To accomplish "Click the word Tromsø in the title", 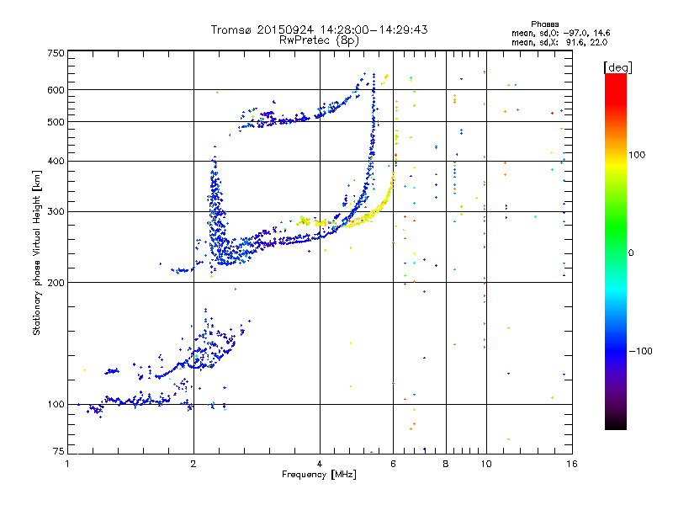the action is coord(232,29).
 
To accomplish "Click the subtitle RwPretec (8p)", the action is coord(319,40).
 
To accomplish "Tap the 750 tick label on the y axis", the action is coord(56,53).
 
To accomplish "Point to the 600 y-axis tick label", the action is coord(56,90).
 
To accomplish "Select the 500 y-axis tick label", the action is coord(56,122).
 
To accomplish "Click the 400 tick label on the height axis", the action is coord(56,162).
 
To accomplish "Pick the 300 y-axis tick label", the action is coord(56,212).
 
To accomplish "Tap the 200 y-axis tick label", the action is coord(56,283).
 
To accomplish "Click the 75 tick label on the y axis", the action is coord(59,451).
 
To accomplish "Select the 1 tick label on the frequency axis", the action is coord(67,464).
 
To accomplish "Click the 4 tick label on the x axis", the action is coord(320,464).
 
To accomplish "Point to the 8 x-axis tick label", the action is coord(446,464).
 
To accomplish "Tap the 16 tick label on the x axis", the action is coord(572,464).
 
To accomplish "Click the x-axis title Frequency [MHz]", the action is coord(319,475).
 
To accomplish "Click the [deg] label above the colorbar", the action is coord(617,68).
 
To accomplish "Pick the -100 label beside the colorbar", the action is coord(641,351).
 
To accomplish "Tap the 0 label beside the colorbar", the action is coord(631,253).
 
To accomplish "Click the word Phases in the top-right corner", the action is coord(544,24).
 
